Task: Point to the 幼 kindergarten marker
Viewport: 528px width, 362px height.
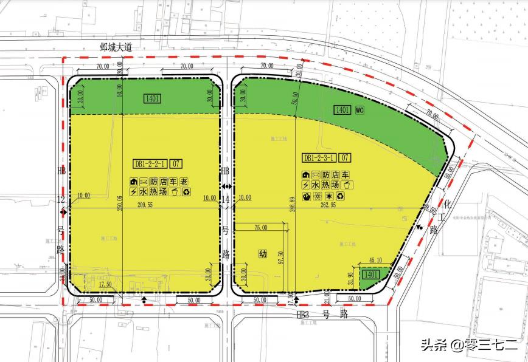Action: pyautogui.click(x=263, y=255)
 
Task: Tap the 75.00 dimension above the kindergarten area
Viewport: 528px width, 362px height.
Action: pyautogui.click(x=260, y=228)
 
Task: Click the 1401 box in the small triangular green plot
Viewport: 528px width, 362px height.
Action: pyautogui.click(x=369, y=275)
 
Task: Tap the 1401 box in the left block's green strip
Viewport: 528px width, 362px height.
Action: pyautogui.click(x=152, y=98)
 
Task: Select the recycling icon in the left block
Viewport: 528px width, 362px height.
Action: pyautogui.click(x=186, y=192)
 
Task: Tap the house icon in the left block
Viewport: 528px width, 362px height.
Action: pyautogui.click(x=133, y=181)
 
